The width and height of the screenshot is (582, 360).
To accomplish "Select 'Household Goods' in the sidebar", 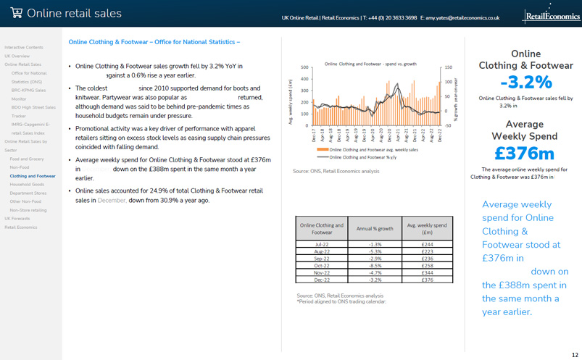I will tap(25, 184).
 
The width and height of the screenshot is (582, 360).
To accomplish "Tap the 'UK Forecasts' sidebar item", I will tap(17, 218).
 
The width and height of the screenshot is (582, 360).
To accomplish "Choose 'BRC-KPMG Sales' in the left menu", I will tap(28, 90).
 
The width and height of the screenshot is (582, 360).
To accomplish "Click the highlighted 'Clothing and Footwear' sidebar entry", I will tap(33, 175).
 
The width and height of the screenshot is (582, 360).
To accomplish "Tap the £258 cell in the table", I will tap(428, 265).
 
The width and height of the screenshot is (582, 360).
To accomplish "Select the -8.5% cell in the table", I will tap(375, 265).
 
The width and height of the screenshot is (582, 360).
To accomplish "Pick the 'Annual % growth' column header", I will tap(375, 229).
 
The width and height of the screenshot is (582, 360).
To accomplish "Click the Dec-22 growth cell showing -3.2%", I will tap(375, 280).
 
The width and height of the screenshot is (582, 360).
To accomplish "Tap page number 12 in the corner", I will tap(574, 354).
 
